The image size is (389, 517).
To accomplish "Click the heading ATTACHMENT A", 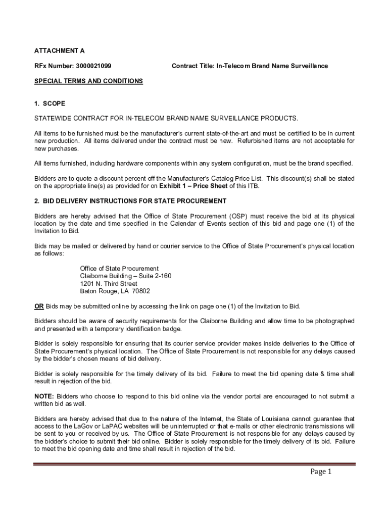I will [59, 51].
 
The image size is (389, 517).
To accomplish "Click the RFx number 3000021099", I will [94, 66].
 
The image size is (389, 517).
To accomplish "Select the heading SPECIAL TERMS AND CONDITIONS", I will [88, 81].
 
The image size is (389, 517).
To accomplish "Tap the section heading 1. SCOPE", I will [50, 104].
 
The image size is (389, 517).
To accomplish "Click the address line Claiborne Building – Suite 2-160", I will [126, 276].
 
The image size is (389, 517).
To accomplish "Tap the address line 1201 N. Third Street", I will [109, 284].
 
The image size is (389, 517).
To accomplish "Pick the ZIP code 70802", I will [141, 291].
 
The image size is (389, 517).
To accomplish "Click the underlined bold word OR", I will [39, 306].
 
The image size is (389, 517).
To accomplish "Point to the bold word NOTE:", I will [44, 396].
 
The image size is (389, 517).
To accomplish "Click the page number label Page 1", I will [321, 472].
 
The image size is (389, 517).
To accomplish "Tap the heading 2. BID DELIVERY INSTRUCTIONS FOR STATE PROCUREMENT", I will [130, 201].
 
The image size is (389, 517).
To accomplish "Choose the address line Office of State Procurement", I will [119, 269].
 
